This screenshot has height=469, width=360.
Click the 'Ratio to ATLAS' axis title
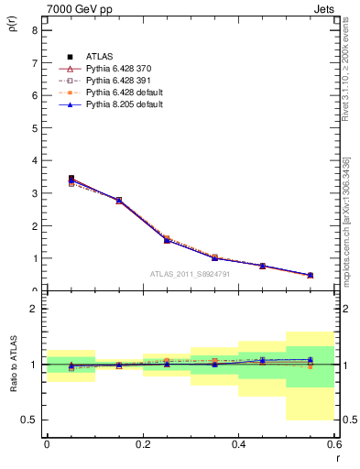click(x=14, y=386)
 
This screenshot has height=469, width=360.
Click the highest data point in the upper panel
click(x=71, y=179)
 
